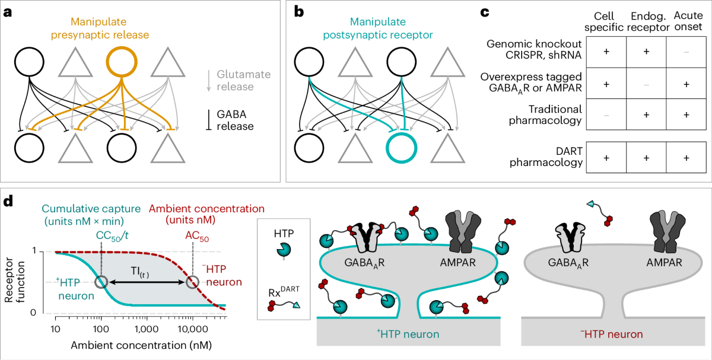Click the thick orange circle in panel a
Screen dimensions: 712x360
coord(122,62)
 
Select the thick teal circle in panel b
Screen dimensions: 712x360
coord(402,148)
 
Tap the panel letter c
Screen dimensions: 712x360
coord(484,12)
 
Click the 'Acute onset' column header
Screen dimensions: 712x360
coord(688,21)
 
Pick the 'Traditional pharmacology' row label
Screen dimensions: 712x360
coord(545,114)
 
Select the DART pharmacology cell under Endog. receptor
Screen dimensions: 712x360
coord(646,158)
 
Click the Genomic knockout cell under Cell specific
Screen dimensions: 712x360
coord(606,52)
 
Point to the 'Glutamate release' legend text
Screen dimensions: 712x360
coord(243,81)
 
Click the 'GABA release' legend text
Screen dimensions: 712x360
coord(235,120)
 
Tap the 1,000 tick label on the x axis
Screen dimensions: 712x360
coord(147,329)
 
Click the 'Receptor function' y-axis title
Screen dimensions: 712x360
coord(15,280)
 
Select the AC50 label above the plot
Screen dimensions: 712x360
coord(197,237)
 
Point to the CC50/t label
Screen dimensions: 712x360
coord(112,236)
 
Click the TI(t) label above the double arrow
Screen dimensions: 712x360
coord(140,272)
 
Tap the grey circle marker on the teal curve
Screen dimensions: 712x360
coord(101,282)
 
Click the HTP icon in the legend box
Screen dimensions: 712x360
coord(284,251)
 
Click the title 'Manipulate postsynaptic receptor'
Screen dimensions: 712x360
coord(378,28)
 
